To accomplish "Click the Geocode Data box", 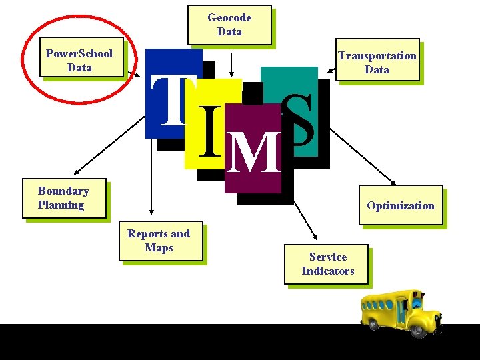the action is tap(229, 25).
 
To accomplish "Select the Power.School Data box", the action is tap(79, 60).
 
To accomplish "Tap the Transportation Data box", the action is tap(377, 62).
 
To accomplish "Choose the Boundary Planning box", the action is tap(63, 198).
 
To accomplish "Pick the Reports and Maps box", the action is tap(159, 241).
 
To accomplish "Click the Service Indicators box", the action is tap(327, 264).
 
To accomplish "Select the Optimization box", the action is tap(400, 205).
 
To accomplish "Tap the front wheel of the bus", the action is tap(419, 328).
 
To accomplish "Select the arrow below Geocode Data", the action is tap(231, 63).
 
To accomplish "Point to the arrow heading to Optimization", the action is tap(363, 157).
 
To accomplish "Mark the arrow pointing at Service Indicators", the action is tap(305, 218).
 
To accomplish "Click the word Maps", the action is tap(159, 248).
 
